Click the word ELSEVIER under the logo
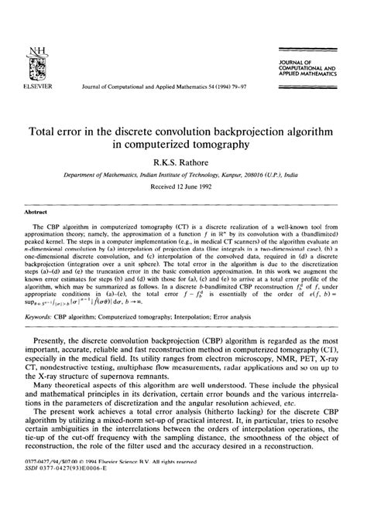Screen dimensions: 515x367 30,87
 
